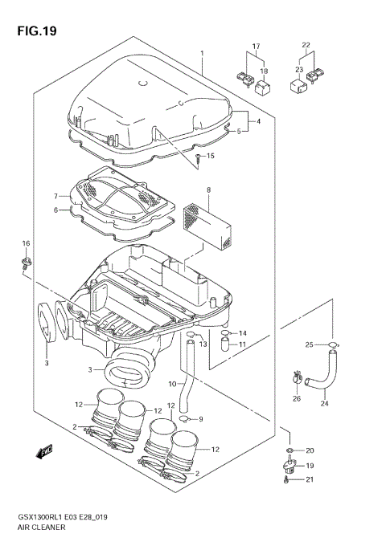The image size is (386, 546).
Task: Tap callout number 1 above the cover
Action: tap(203, 54)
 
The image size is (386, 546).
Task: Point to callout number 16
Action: tap(25, 243)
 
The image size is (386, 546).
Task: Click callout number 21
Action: tap(310, 479)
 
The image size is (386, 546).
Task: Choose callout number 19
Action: tap(310, 465)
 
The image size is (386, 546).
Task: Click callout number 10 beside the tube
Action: tap(171, 385)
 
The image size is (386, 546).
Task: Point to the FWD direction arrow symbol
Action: tap(45, 451)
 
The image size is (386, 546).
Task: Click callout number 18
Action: tap(263, 71)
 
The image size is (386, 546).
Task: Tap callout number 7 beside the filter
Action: tap(57, 196)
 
